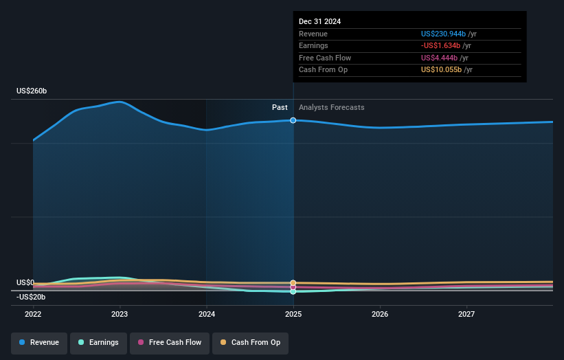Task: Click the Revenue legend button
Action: (x=39, y=342)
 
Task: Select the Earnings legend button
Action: (x=98, y=342)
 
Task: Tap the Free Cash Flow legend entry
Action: (x=170, y=342)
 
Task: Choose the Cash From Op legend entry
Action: (x=250, y=342)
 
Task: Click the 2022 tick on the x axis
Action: (x=33, y=315)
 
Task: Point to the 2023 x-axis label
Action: (x=120, y=315)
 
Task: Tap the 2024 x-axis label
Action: (x=207, y=315)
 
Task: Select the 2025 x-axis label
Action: (x=293, y=315)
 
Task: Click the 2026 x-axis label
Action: (x=380, y=315)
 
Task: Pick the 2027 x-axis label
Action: (x=466, y=315)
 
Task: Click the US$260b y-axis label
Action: (x=32, y=91)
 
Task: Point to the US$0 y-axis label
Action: (x=25, y=282)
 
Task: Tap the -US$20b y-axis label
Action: (x=31, y=297)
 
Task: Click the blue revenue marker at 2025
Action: (x=293, y=120)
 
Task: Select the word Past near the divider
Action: (x=280, y=108)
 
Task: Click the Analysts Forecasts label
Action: (x=331, y=108)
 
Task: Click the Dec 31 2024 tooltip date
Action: (x=319, y=21)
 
